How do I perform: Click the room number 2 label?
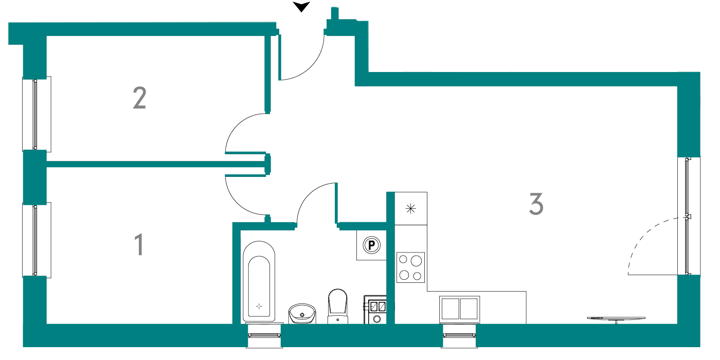click(139, 98)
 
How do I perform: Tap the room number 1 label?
click(139, 245)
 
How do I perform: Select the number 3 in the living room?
click(536, 204)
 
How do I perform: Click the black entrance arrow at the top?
click(301, 7)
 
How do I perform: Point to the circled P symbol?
click(371, 245)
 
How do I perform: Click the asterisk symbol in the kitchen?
click(410, 209)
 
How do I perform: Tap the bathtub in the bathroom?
click(259, 281)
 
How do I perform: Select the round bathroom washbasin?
click(302, 313)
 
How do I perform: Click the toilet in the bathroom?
click(337, 306)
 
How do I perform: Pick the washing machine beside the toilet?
click(375, 310)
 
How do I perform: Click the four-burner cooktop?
click(410, 267)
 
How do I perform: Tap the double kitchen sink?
click(459, 309)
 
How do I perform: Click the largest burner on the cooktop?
click(416, 261)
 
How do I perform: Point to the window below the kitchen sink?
click(459, 335)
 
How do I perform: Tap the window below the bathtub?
click(264, 335)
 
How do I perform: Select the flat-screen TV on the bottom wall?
click(616, 318)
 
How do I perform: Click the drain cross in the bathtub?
click(259, 307)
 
